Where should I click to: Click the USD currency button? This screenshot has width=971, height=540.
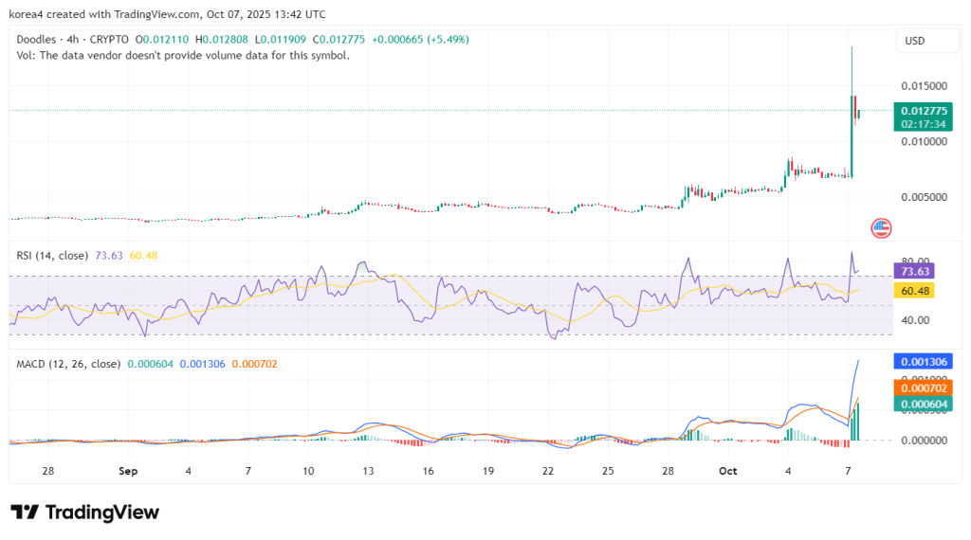[915, 41]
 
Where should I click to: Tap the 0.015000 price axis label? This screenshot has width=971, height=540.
[923, 86]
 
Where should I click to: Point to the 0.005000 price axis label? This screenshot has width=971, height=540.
[923, 197]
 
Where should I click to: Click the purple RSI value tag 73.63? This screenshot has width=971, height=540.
[915, 271]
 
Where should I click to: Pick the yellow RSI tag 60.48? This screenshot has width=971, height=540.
[915, 291]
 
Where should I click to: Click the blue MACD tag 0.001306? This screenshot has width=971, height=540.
[923, 362]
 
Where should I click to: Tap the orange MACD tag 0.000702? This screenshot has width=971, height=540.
[923, 387]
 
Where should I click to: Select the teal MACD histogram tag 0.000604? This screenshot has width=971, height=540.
[923, 405]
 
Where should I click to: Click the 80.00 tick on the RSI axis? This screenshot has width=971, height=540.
[913, 261]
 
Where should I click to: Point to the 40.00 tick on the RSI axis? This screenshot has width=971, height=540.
[913, 320]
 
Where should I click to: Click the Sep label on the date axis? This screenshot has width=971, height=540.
[129, 471]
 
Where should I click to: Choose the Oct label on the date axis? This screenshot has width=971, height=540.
[727, 471]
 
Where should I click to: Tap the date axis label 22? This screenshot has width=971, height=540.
[548, 471]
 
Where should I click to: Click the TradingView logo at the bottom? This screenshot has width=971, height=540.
[85, 513]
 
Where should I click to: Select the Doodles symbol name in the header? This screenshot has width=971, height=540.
[38, 40]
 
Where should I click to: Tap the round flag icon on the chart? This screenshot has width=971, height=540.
[882, 227]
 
